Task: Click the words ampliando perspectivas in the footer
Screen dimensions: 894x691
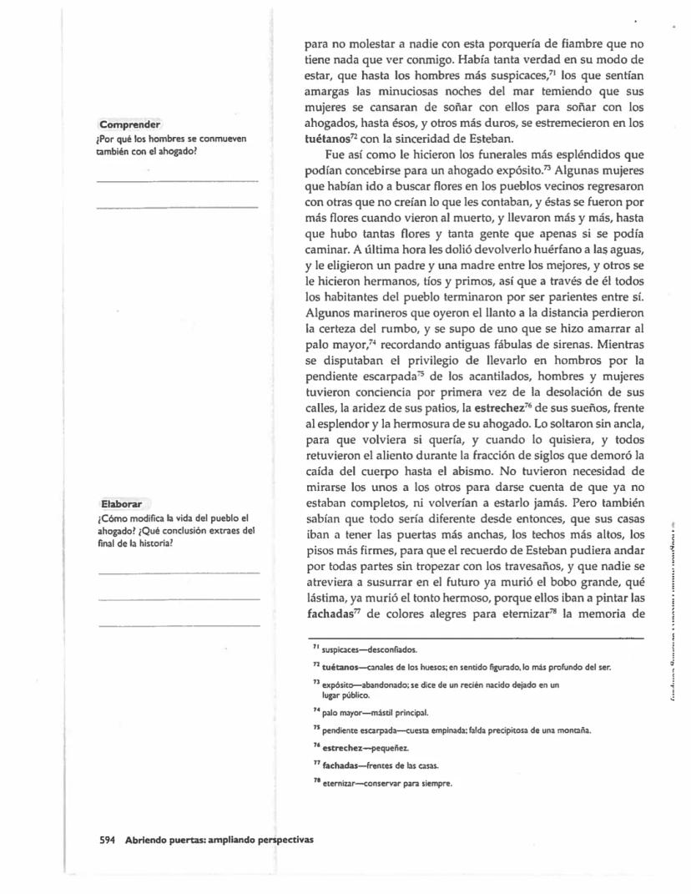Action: click(x=255, y=839)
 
